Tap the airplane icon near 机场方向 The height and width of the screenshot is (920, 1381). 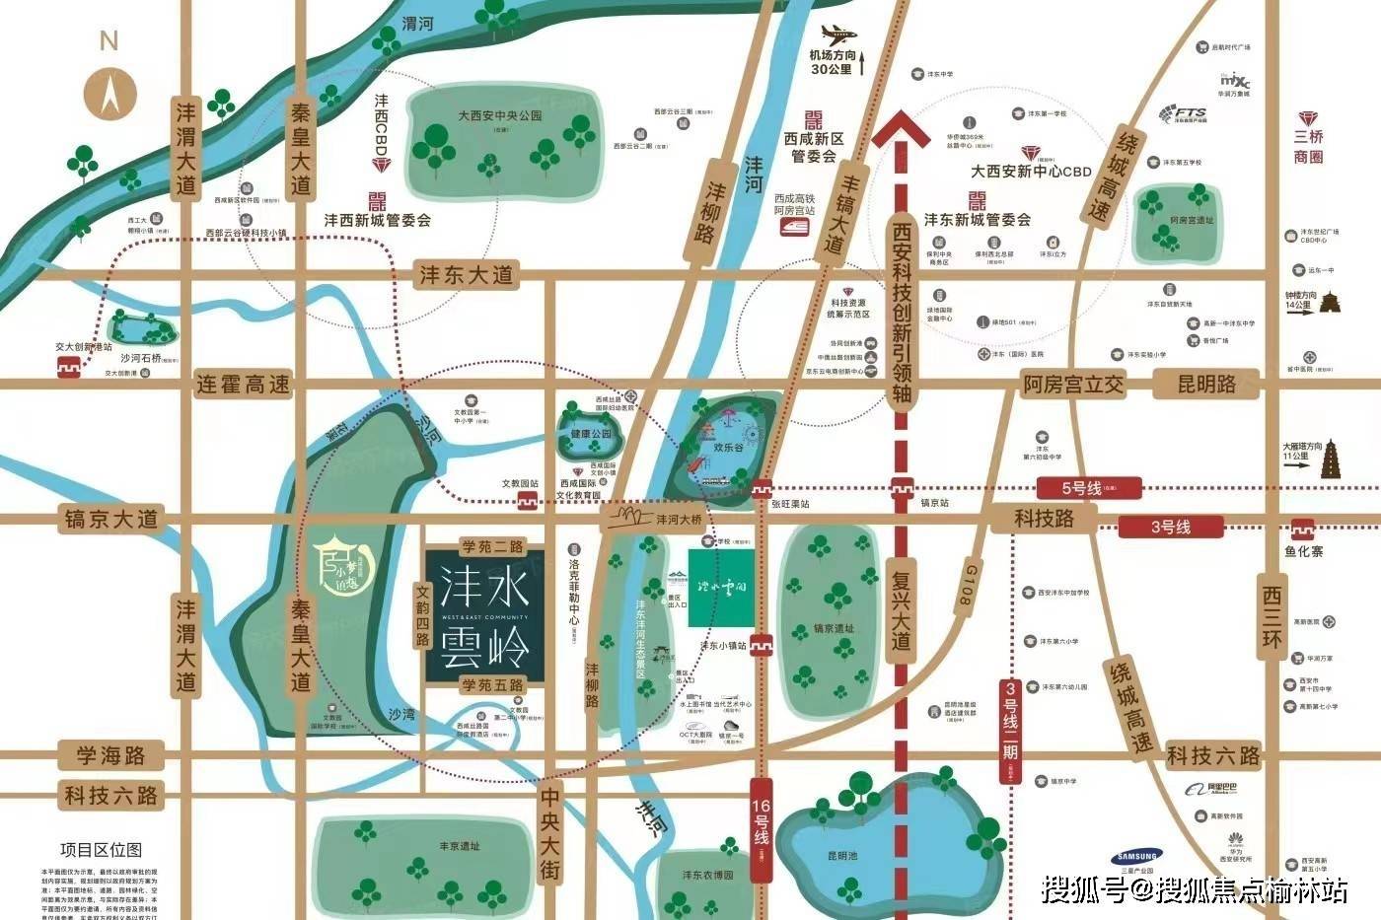837,34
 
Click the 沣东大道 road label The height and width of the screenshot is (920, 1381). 467,275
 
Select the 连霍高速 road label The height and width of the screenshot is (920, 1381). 244,385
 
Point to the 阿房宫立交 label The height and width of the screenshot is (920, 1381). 1072,385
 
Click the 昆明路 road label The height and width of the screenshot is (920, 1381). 1205,385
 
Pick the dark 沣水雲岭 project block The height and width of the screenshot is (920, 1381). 485,614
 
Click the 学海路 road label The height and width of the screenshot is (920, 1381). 111,756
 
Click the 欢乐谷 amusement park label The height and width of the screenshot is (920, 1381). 728,447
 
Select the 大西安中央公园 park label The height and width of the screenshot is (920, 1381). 499,115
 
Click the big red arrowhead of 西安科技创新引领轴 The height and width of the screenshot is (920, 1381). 901,128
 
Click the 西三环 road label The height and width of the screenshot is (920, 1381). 1272,621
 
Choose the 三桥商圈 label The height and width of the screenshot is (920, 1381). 1309,146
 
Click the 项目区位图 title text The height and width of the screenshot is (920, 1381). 102,849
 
